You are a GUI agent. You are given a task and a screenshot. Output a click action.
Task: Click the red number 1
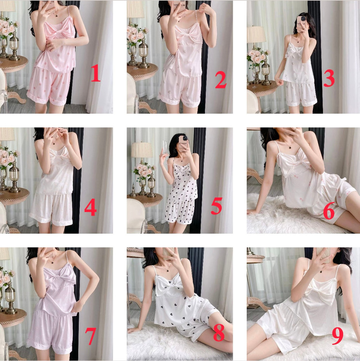pos(96,73)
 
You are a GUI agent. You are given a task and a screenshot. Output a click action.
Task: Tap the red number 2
pos(221,80)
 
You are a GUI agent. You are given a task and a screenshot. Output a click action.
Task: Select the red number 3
pos(329,79)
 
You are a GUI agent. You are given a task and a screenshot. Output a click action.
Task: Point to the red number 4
pos(90,208)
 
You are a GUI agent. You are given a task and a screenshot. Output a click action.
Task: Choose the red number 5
pos(216,205)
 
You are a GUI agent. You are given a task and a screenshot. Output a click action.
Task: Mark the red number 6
pos(329,212)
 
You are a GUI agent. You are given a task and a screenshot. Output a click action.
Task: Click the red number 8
pos(219,333)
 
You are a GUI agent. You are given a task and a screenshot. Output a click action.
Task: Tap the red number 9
pos(337,336)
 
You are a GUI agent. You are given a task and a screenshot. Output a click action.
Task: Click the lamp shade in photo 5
pos(142,150)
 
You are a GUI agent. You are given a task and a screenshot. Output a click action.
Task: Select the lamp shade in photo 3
pos(256,35)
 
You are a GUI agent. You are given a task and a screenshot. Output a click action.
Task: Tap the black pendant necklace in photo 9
pos(321,271)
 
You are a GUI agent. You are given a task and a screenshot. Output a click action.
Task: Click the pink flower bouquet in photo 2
pos(137,35)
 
